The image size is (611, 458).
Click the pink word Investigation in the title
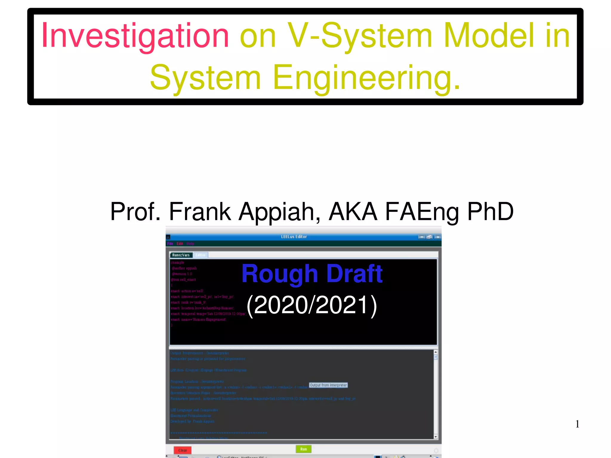point(135,36)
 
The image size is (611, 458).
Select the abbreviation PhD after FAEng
point(490,212)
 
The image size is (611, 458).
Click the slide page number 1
point(577,424)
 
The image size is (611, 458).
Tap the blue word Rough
point(280,274)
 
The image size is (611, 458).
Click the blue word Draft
point(354,274)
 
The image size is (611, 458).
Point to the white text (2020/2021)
point(312,305)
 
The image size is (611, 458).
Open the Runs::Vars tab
point(181,255)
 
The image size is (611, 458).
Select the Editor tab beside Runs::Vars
point(200,255)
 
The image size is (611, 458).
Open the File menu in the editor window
point(170,244)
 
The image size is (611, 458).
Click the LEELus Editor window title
point(294,237)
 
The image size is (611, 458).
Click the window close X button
point(437,237)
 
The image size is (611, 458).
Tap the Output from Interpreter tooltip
point(328,385)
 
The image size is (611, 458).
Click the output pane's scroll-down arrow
point(436,437)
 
